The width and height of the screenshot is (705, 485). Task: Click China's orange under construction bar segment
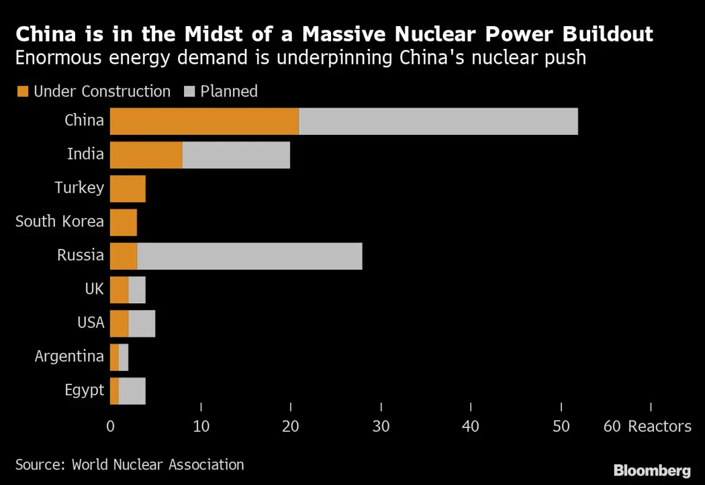click(204, 121)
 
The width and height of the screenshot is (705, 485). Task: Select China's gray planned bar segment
click(438, 121)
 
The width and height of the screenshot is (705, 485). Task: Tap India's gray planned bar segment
click(236, 155)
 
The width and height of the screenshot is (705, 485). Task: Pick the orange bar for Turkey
click(128, 188)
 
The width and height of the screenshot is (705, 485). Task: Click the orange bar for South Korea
click(123, 222)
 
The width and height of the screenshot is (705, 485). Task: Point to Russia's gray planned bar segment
click(249, 256)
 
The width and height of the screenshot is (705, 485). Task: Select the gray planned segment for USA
click(141, 323)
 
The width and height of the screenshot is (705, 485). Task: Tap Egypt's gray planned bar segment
click(132, 390)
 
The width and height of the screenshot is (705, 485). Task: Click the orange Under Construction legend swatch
click(22, 92)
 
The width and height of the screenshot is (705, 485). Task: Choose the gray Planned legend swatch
click(188, 92)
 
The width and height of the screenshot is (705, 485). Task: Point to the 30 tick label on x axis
click(381, 426)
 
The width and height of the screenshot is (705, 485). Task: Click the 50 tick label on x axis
click(561, 426)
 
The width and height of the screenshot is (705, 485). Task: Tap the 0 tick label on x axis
click(110, 426)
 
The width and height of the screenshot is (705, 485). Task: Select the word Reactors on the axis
click(659, 426)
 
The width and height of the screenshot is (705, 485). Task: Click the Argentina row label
click(69, 356)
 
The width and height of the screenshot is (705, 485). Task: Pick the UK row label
click(94, 289)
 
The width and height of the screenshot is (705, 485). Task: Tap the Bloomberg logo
click(651, 470)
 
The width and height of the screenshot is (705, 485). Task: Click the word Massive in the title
click(291, 35)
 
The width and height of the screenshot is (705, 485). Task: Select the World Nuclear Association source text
click(158, 464)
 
